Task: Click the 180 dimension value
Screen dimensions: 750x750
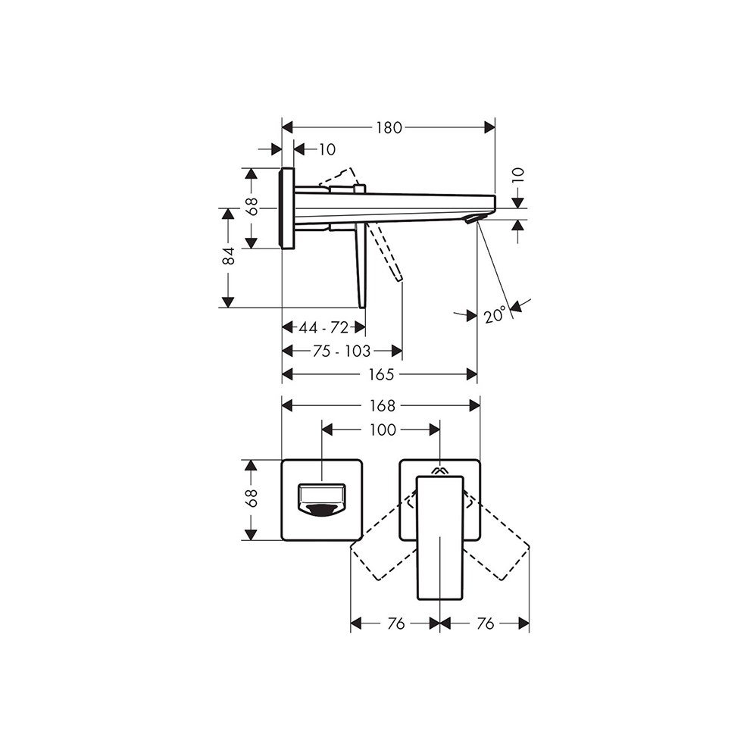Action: pyautogui.click(x=388, y=128)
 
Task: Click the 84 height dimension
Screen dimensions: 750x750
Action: pyautogui.click(x=228, y=258)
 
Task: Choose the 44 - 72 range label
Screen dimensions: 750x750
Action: pyautogui.click(x=323, y=327)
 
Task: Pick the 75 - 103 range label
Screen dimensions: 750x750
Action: pyautogui.click(x=342, y=351)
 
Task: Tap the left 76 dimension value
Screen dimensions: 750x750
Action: pyautogui.click(x=395, y=623)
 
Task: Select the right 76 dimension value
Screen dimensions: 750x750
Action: pyautogui.click(x=485, y=623)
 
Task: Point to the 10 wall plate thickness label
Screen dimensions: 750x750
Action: pyautogui.click(x=327, y=150)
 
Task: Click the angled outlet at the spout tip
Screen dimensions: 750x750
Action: pyautogui.click(x=473, y=219)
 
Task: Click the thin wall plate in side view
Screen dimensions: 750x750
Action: pyautogui.click(x=287, y=208)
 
